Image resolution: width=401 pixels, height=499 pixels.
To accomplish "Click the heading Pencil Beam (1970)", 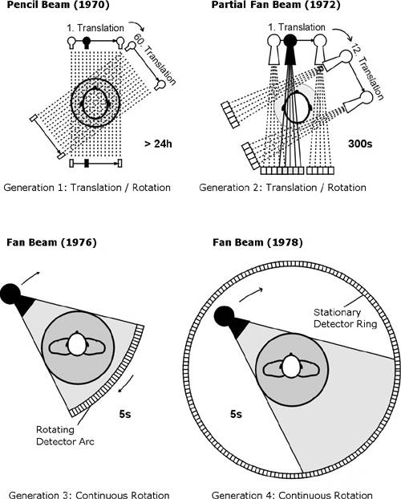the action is (x=58, y=5).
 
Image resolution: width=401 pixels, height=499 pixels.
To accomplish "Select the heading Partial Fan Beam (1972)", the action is (x=276, y=5).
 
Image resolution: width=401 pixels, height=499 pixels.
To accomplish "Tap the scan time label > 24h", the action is (x=158, y=144).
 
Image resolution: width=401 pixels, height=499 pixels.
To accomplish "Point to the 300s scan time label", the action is (x=360, y=144).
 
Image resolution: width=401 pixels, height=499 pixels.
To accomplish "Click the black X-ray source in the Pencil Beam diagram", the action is (x=87, y=43).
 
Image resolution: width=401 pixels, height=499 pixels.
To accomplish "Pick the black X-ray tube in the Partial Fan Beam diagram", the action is (x=290, y=48).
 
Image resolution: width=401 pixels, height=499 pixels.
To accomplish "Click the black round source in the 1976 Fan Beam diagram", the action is (x=10, y=294).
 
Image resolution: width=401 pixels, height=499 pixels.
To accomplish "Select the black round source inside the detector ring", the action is (x=224, y=316).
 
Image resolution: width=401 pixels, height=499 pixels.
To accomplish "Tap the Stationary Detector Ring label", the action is (x=346, y=318).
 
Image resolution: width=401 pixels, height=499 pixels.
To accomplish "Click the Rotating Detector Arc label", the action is (x=65, y=436).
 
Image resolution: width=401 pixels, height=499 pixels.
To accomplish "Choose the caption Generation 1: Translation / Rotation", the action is (x=87, y=188).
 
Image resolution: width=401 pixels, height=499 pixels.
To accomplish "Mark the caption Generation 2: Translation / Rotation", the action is (x=282, y=188).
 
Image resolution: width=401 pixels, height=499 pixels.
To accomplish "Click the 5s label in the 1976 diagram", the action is (x=125, y=414).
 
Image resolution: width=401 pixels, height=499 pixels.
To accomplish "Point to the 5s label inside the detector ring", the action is (x=236, y=414).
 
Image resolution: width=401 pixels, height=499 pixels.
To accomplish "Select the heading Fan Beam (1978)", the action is (x=257, y=242).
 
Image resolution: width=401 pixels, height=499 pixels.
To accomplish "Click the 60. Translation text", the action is (x=155, y=60).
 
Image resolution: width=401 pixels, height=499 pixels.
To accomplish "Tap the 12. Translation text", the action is (x=367, y=72).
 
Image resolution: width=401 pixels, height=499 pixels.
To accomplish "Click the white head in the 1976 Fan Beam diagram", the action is (x=77, y=343).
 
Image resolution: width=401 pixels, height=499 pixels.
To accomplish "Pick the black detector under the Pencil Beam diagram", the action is (x=87, y=163).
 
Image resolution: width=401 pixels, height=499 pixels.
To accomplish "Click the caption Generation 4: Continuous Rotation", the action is (x=292, y=495).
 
